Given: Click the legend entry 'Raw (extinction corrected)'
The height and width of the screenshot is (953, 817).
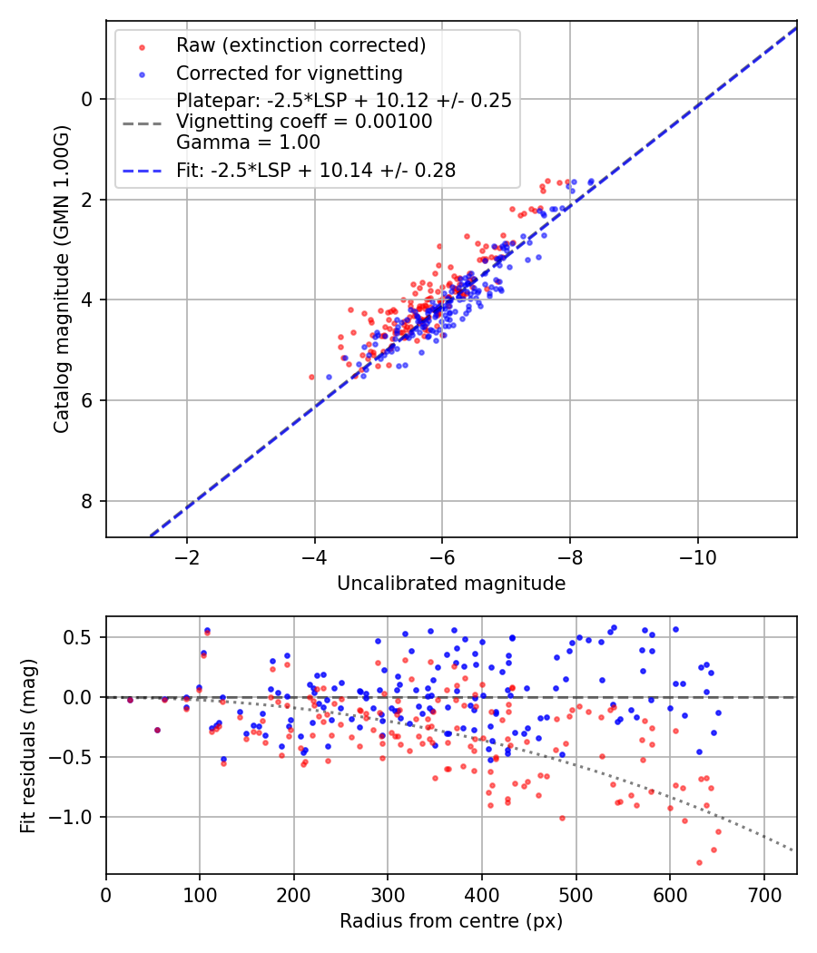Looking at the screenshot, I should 300,45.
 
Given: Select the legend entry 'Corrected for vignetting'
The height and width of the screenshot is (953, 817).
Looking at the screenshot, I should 289,73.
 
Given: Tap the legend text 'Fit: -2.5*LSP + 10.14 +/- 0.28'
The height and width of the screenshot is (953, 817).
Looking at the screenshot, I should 316,170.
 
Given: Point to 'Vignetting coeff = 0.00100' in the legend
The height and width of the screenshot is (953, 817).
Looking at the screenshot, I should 304,122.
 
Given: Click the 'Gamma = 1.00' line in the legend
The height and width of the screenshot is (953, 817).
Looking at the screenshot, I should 248,142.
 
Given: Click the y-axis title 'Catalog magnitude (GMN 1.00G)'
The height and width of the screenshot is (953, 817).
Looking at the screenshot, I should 61,278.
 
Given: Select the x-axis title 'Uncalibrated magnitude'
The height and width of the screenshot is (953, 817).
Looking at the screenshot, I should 451,584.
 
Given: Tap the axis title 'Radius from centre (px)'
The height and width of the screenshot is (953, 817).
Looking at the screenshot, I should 451,921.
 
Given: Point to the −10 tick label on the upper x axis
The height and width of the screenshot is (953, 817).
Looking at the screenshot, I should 697,556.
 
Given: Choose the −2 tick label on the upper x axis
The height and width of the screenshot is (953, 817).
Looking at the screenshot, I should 187,556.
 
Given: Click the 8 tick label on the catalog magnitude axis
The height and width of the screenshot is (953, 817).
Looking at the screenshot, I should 87,501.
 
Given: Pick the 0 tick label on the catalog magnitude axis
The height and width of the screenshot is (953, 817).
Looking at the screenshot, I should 87,99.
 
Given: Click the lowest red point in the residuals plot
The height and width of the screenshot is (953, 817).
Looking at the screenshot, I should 699,862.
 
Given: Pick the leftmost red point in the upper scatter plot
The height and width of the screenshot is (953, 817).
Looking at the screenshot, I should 311,377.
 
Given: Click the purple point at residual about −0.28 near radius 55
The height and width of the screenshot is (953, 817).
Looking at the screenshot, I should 157,730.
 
